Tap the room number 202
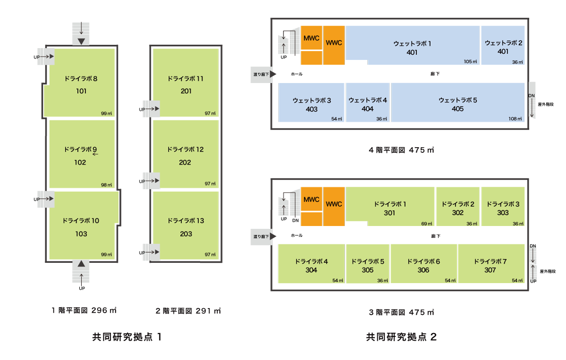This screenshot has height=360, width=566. coord(185,163)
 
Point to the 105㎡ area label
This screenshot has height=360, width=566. coord(470,62)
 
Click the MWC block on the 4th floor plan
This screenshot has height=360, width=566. coord(311,38)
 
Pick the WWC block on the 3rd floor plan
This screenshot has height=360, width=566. coord(333,204)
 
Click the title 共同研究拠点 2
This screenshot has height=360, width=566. coord(401,337)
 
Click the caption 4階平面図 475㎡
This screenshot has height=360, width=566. coord(401,151)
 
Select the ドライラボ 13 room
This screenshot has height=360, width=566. coord(185,226)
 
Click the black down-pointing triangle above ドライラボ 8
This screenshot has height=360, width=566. coord(82,42)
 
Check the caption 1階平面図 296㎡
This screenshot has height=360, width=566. coord(84,310)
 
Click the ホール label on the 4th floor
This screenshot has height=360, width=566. coord(296,74)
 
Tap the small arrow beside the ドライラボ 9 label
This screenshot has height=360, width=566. coord(95,154)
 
